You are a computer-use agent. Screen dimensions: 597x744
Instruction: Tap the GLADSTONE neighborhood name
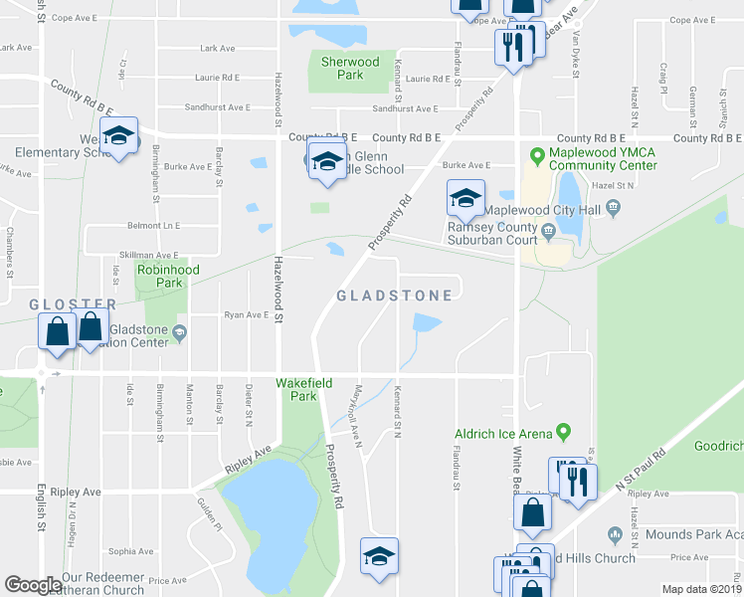(394, 296)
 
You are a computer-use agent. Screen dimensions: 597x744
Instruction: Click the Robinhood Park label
(168, 277)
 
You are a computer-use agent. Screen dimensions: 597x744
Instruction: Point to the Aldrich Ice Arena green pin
(563, 432)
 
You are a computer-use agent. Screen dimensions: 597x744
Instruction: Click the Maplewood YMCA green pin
(538, 154)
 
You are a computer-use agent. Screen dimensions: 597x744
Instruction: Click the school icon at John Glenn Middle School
(325, 161)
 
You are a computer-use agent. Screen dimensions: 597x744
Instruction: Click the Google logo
(32, 584)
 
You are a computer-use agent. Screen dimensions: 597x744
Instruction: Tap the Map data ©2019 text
(701, 589)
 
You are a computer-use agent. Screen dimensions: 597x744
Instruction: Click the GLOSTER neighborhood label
(73, 303)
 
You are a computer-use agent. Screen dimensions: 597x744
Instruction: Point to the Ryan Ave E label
(247, 314)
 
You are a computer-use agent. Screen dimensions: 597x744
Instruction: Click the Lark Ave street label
(217, 48)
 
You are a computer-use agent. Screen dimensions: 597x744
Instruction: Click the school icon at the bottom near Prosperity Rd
(378, 557)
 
